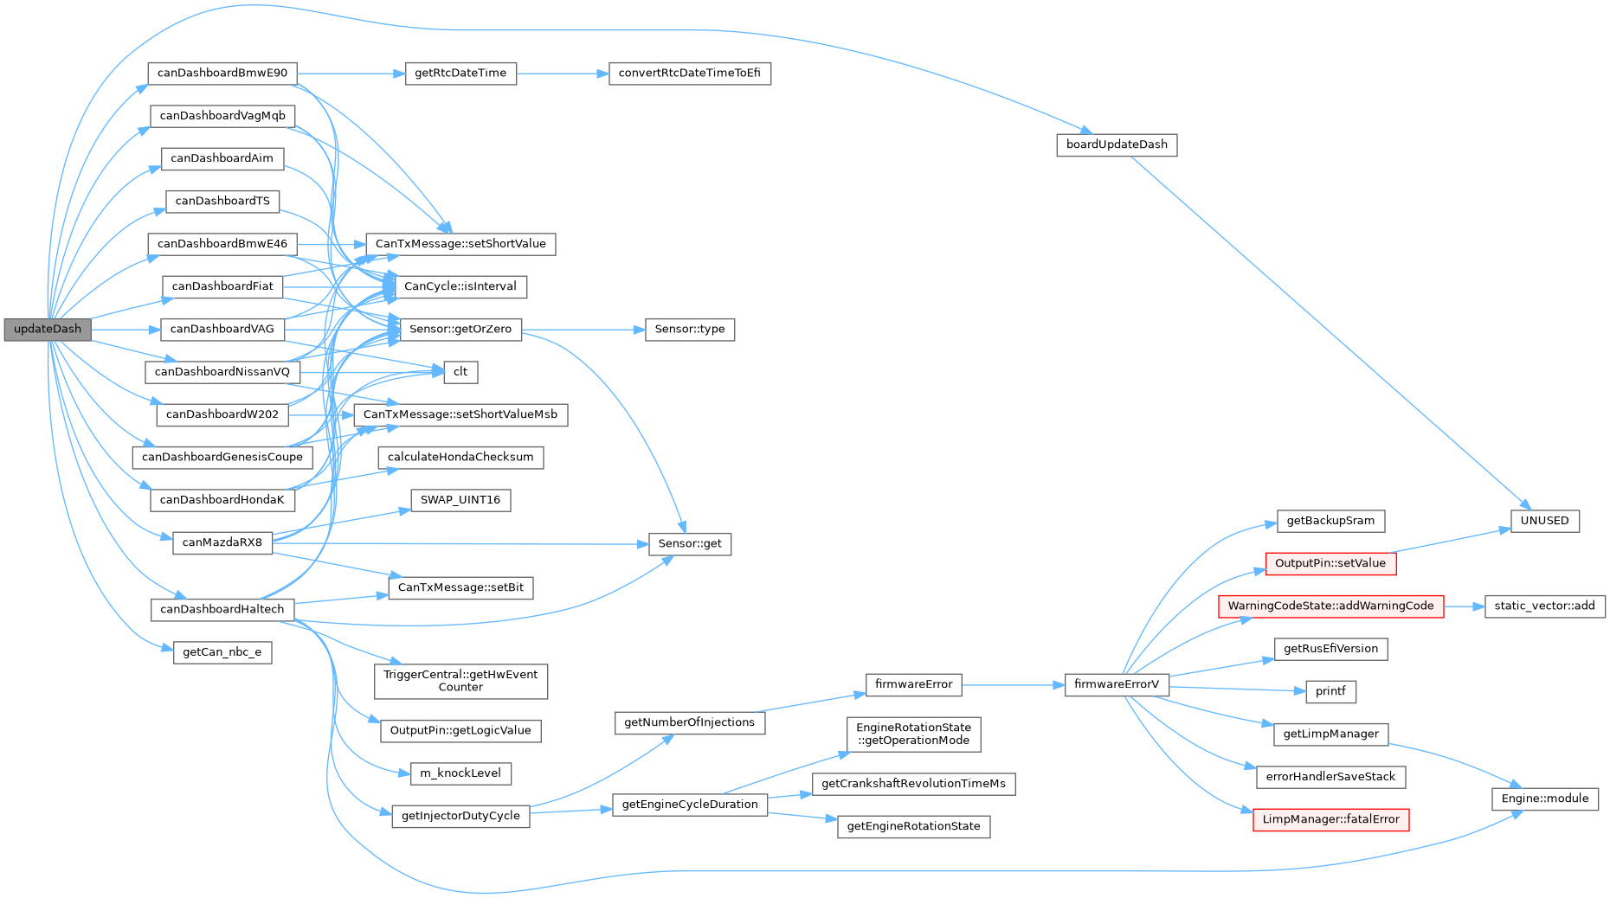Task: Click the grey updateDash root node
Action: (x=48, y=329)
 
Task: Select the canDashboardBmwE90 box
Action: (x=222, y=73)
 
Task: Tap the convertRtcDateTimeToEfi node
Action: (x=689, y=73)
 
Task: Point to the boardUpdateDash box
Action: (x=1117, y=144)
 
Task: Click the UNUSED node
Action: (x=1544, y=521)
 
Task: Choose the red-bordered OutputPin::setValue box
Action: (x=1330, y=563)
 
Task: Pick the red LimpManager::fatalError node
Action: (x=1330, y=819)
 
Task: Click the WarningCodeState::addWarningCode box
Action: (x=1330, y=606)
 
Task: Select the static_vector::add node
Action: (x=1544, y=606)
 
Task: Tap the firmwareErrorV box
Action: (x=1117, y=684)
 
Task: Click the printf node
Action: (x=1330, y=691)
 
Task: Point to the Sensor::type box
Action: (x=689, y=329)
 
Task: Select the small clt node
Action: (x=460, y=372)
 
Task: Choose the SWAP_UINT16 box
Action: (x=460, y=500)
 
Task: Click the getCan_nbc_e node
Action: (x=222, y=652)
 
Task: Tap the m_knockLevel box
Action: (x=460, y=773)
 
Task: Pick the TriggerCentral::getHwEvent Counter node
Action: (x=460, y=681)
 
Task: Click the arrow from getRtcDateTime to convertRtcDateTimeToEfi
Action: (x=563, y=74)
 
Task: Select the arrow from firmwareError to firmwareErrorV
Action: (x=1013, y=685)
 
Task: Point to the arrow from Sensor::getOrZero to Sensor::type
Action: (x=583, y=330)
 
